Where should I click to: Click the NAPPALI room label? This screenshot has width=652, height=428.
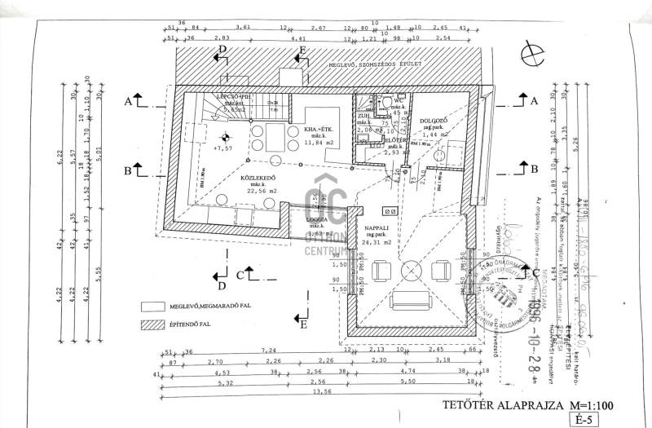[376, 229]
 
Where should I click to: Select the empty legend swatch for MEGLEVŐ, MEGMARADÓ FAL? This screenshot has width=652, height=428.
[152, 307]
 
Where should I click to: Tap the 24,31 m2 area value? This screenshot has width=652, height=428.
[377, 243]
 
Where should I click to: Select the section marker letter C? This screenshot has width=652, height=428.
[240, 275]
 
